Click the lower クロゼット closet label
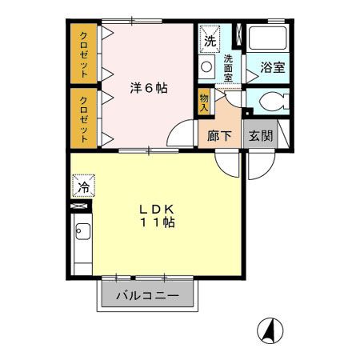(x=83, y=116)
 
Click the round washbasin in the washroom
(x=206, y=67)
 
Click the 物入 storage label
(x=205, y=101)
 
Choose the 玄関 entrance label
(x=260, y=136)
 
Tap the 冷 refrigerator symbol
(x=83, y=188)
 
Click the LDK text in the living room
(x=156, y=210)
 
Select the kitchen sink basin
(x=82, y=234)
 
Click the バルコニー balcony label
(x=146, y=296)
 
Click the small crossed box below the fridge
(x=80, y=206)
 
